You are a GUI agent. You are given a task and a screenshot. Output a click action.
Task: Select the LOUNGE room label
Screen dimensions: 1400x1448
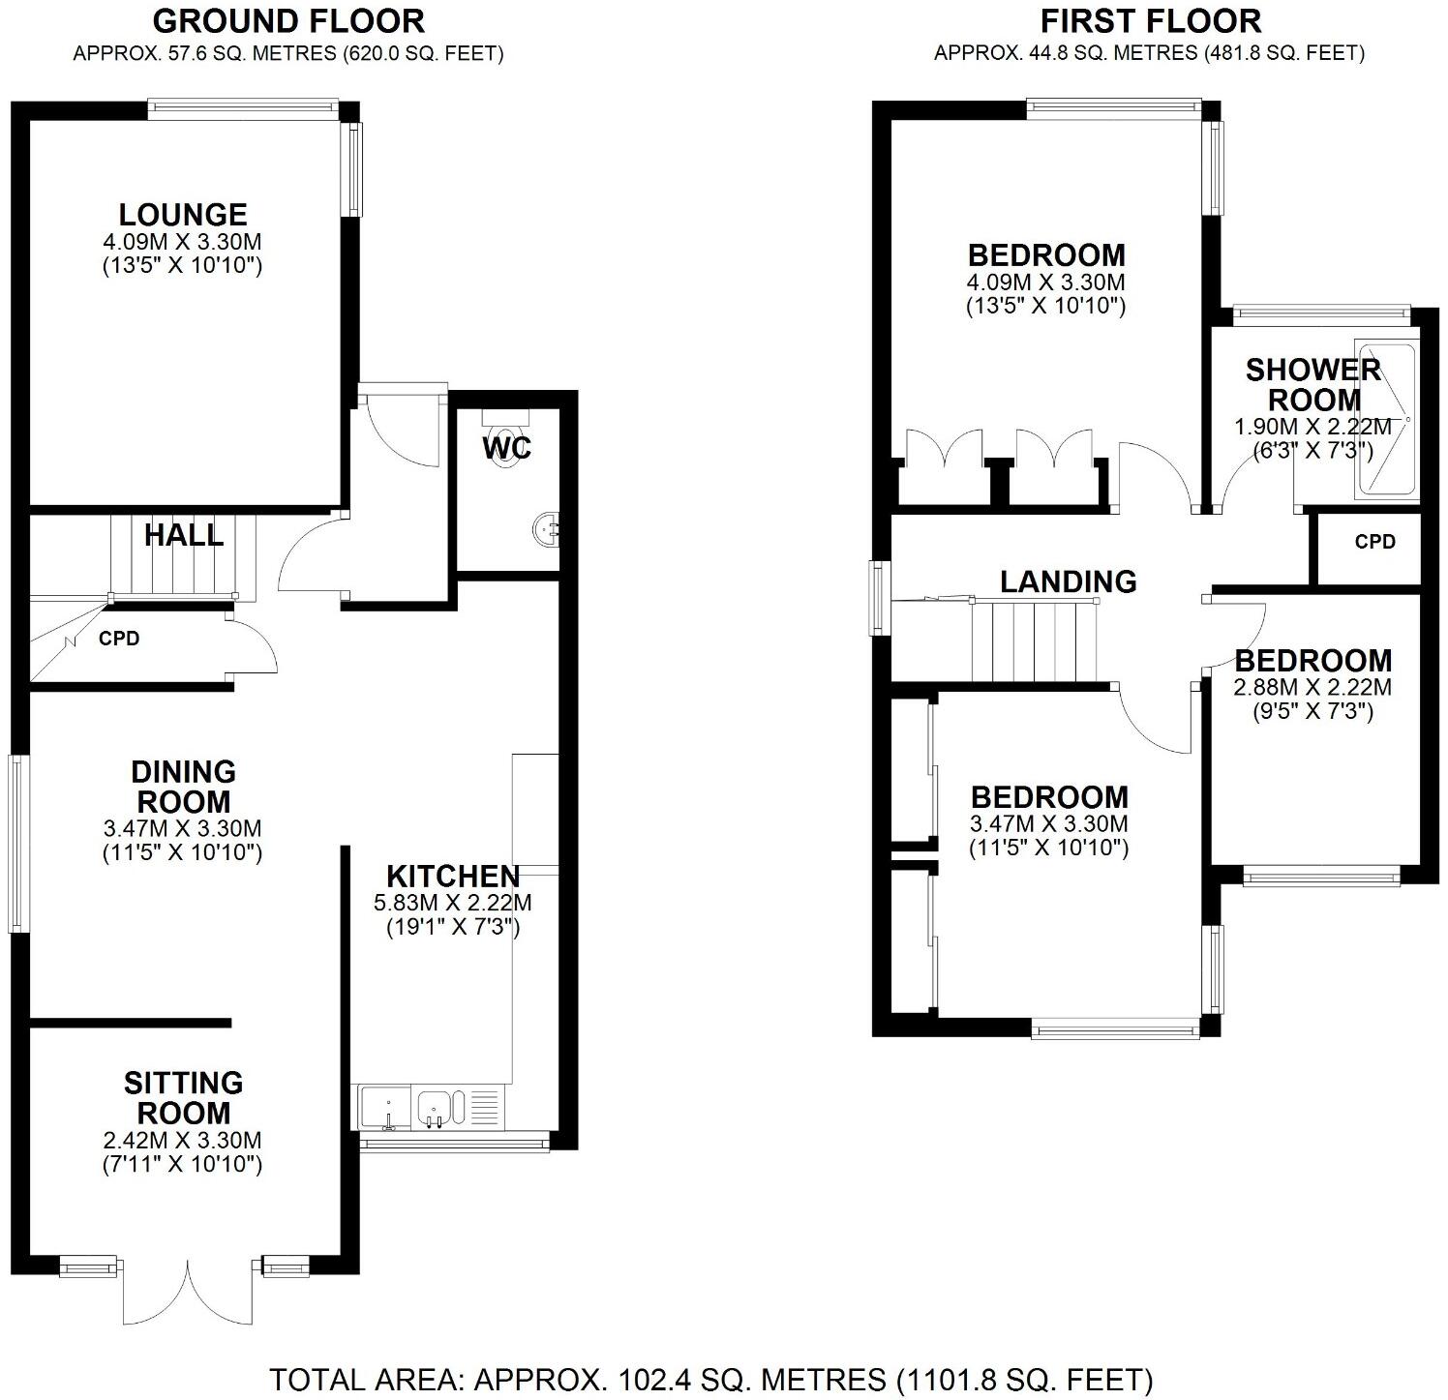pos(183,214)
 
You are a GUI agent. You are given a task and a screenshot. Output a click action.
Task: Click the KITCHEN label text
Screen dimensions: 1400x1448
pos(453,877)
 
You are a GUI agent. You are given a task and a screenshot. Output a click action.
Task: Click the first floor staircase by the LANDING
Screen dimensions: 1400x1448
pos(1034,641)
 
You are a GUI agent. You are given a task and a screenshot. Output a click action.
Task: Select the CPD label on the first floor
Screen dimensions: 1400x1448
pos(1374,542)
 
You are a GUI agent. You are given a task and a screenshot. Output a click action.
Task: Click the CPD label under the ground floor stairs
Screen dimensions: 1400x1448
pos(119,640)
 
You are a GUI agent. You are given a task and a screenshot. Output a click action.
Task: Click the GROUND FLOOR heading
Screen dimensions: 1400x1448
pos(288,20)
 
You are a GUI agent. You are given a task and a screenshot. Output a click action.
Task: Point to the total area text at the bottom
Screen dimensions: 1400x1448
pos(710,1378)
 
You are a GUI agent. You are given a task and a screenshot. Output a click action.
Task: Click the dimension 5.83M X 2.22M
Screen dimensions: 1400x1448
pos(453,904)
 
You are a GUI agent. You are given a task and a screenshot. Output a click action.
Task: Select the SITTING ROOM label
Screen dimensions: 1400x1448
pos(183,1097)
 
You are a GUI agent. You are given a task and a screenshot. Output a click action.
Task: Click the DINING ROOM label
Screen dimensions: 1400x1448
pos(183,787)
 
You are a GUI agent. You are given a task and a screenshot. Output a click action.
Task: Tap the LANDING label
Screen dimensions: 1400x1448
pos(1068,581)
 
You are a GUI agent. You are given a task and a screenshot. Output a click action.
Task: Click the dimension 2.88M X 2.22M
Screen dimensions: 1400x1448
pos(1312,688)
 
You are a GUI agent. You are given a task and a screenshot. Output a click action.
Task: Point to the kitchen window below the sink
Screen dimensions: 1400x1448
pos(454,1143)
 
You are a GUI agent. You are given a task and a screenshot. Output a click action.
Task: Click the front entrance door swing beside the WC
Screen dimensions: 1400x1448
pos(399,426)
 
